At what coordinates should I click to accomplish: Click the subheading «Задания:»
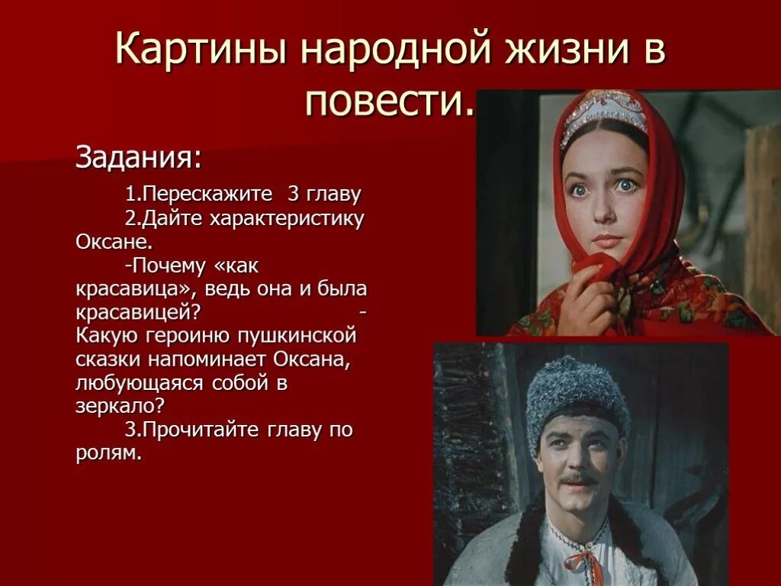139,158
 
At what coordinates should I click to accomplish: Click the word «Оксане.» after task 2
114,242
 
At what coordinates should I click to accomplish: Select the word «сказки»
106,359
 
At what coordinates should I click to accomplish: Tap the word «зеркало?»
119,407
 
